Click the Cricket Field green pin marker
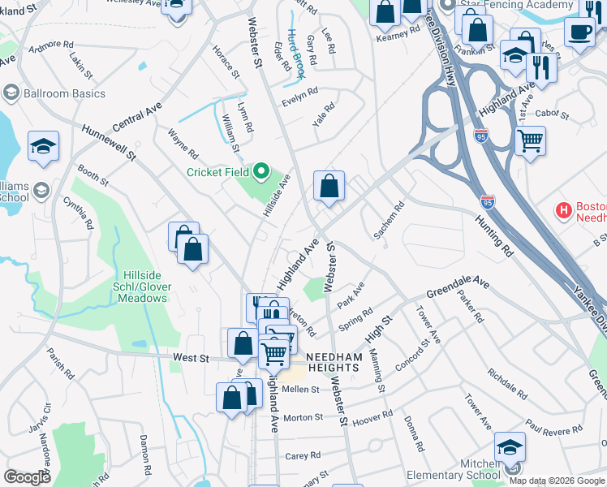(261, 171)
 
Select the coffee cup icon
(579, 32)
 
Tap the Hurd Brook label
(297, 54)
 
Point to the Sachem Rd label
(389, 221)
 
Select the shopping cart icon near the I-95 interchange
(530, 140)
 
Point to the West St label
(192, 358)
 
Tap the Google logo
(27, 477)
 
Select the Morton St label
(302, 417)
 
